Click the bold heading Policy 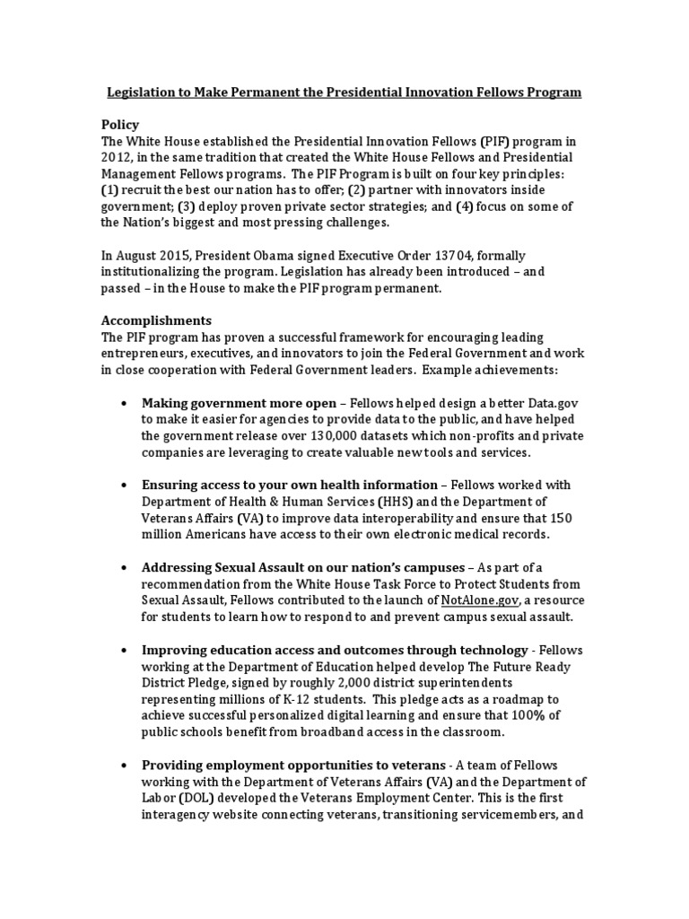(120, 124)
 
